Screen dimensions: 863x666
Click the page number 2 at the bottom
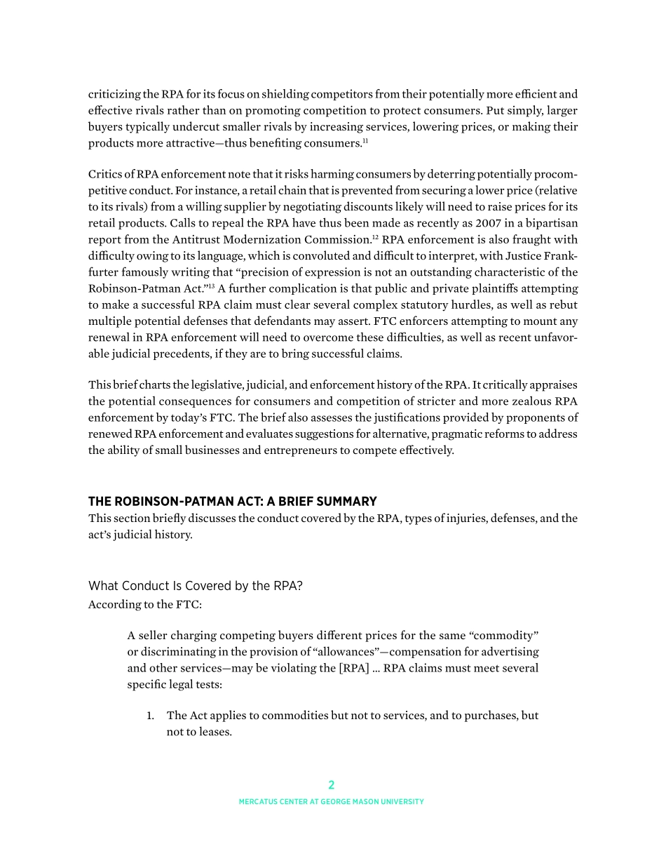[332, 785]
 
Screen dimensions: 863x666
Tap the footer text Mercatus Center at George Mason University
[332, 802]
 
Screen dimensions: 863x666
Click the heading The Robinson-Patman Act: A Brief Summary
[232, 502]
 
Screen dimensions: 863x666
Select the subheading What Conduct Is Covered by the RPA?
[195, 586]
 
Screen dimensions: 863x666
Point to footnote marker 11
[365, 141]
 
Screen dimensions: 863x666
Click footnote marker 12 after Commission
[375, 236]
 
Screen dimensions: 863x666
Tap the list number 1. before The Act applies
[150, 716]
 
